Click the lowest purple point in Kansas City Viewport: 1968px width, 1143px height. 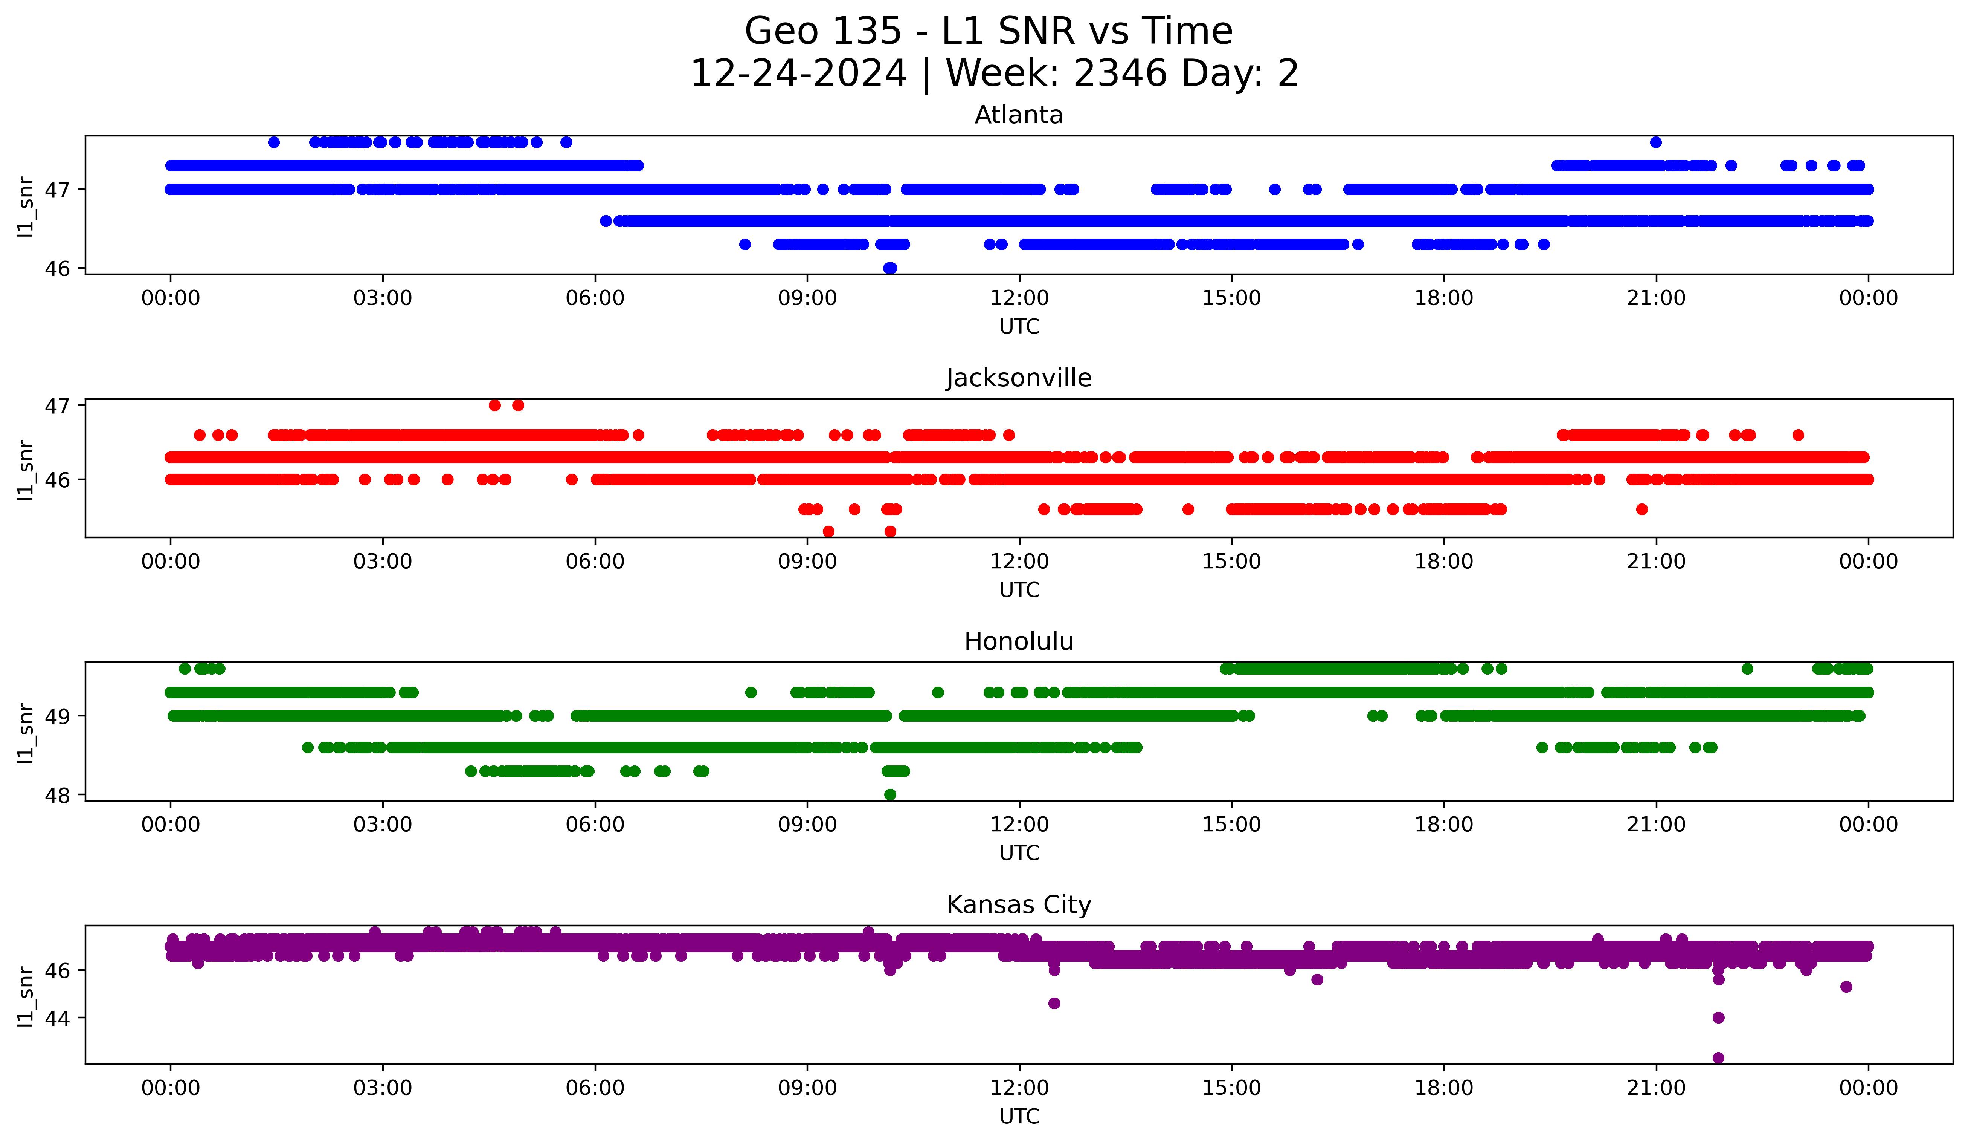point(1718,1058)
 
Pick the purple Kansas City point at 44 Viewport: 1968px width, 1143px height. point(1718,1017)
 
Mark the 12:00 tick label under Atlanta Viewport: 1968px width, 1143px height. point(1019,298)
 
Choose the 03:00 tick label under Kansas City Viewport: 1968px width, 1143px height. point(383,1088)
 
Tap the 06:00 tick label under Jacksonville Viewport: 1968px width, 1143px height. point(595,562)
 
